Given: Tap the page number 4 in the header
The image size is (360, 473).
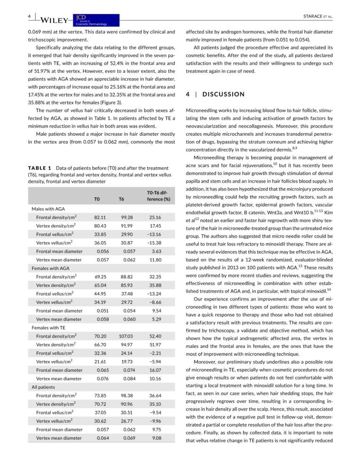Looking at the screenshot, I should pyautogui.click(x=29, y=17).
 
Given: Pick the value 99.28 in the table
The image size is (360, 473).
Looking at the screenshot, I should pyautogui.click(x=128, y=217).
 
